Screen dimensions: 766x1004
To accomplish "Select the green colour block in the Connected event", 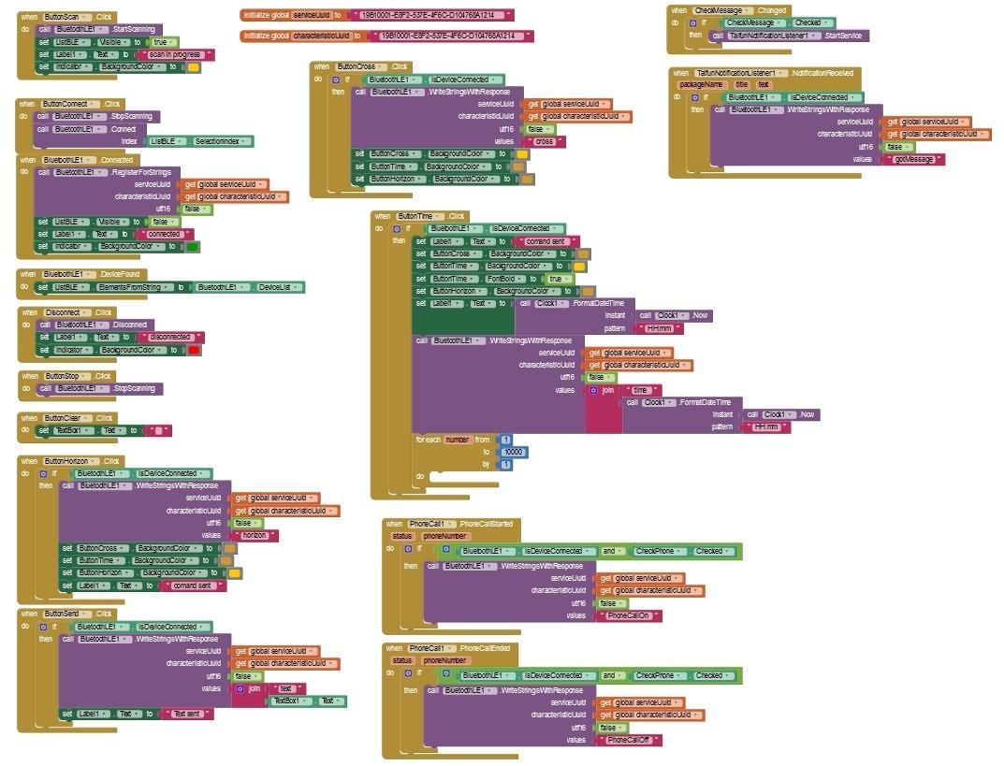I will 193,246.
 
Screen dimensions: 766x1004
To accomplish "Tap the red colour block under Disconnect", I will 194,349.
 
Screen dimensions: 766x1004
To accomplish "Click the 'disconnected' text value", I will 169,337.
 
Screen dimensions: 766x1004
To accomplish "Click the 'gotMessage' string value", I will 913,159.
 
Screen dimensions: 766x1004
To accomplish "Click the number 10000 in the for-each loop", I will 513,452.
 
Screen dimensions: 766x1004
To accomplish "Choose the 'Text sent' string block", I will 187,714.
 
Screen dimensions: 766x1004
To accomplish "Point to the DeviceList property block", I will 278,287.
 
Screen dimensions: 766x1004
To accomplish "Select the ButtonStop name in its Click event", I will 65,375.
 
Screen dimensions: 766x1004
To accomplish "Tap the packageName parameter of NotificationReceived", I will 700,84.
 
